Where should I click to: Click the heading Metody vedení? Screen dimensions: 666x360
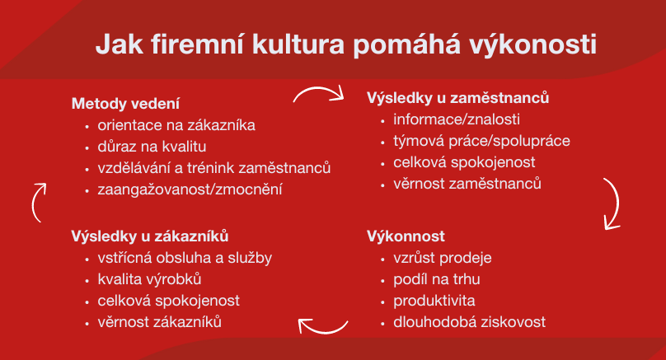pos(125,104)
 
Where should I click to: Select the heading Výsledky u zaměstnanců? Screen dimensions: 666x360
pos(458,98)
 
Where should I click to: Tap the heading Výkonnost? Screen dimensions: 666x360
pos(406,236)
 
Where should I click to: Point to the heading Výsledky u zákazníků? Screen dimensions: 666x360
pos(150,236)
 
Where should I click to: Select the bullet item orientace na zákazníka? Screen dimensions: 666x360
pos(176,125)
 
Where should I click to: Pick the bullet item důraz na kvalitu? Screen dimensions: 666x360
pos(152,147)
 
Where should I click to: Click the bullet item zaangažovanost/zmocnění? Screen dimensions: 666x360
pos(190,189)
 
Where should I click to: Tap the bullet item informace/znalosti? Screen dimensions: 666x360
pos(457,119)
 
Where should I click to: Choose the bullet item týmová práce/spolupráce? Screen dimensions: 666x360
pos(481,141)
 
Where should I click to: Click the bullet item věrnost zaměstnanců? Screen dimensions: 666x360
pos(467,184)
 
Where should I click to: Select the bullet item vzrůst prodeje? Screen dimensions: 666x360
pos(442,258)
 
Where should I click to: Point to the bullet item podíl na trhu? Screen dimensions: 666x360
pos(437,279)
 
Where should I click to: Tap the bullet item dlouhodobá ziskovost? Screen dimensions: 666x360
pos(469,322)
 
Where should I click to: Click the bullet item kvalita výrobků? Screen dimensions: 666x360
pos(149,279)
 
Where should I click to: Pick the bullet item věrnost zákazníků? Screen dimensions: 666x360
pos(160,322)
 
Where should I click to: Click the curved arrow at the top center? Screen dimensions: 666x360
pos(318,88)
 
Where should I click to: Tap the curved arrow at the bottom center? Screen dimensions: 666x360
pos(323,331)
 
